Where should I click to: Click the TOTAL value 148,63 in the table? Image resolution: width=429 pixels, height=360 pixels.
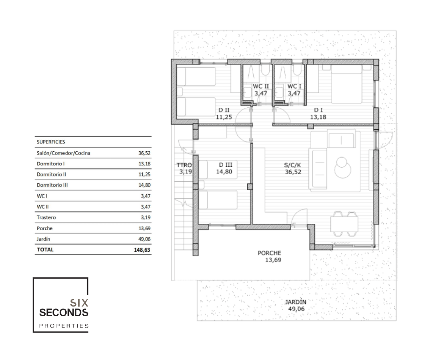tap(142, 250)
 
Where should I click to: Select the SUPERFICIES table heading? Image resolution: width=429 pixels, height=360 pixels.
tap(51, 142)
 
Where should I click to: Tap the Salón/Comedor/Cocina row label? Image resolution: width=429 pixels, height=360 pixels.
tap(63, 153)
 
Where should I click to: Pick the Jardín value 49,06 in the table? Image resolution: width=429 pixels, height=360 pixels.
tap(145, 239)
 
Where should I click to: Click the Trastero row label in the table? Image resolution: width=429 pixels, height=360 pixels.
tap(46, 217)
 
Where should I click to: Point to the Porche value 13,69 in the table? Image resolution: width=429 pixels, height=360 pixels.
tap(145, 228)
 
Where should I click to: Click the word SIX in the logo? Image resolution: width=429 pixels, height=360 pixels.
tap(79, 303)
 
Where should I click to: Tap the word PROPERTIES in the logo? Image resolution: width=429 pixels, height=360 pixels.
tap(64, 326)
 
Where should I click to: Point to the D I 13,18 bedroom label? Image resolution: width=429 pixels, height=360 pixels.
tap(318, 113)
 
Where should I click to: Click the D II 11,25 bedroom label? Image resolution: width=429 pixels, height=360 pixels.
tap(224, 113)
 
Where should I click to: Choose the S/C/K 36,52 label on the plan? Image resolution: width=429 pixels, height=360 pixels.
tap(293, 169)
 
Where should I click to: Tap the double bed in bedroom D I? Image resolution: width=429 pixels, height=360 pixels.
tap(347, 84)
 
